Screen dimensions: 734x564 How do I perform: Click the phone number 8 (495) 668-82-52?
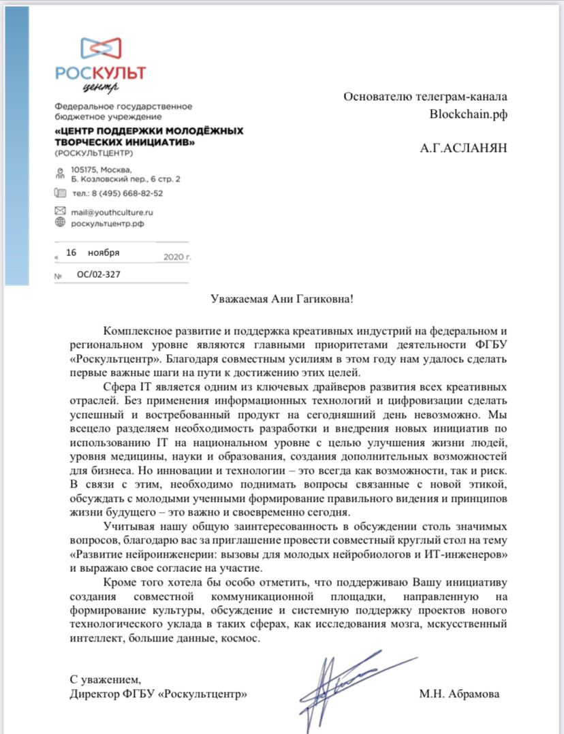[x=126, y=193]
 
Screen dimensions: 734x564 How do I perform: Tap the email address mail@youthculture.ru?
[x=112, y=212]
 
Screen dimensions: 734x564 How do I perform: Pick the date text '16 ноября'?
[x=93, y=253]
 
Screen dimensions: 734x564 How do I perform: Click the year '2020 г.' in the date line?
[x=178, y=257]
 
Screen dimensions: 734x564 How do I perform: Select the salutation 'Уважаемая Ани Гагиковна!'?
[x=281, y=300]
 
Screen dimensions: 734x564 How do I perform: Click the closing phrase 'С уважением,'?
[x=106, y=680]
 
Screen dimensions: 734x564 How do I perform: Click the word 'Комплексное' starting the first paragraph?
[x=136, y=330]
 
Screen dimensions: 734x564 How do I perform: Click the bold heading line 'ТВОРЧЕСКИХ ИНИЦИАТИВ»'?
[x=124, y=142]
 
